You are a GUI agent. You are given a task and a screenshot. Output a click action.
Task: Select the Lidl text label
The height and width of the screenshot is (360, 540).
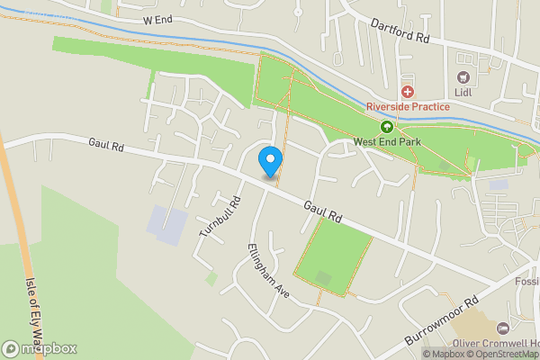(x=464, y=94)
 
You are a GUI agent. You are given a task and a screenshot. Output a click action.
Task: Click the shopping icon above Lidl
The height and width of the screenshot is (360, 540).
(x=464, y=78)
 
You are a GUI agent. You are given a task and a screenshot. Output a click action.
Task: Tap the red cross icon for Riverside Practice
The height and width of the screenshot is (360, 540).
(x=407, y=91)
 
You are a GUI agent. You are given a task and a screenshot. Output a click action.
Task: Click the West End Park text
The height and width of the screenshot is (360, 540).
(x=388, y=141)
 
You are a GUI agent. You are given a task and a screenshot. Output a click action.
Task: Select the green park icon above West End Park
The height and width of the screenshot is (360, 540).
(x=388, y=127)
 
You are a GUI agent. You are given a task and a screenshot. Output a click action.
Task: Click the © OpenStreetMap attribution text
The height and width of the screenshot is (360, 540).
(x=504, y=354)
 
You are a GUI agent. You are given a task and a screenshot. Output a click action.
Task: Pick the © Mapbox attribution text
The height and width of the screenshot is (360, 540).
(x=444, y=354)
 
